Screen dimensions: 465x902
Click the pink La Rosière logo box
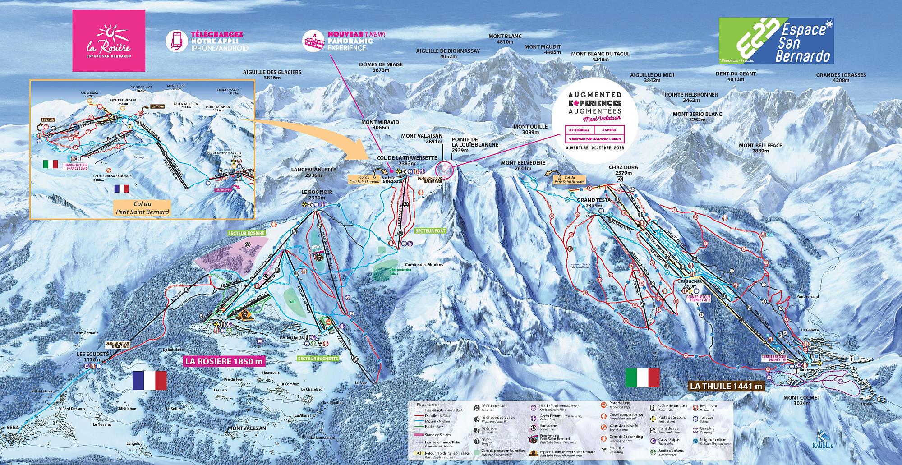click(109, 41)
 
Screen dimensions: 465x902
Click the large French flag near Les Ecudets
click(149, 380)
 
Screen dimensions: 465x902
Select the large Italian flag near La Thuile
click(642, 378)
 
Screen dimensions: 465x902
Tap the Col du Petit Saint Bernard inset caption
click(143, 208)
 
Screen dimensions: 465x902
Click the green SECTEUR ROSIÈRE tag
click(246, 233)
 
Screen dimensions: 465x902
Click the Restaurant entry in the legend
click(709, 408)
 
